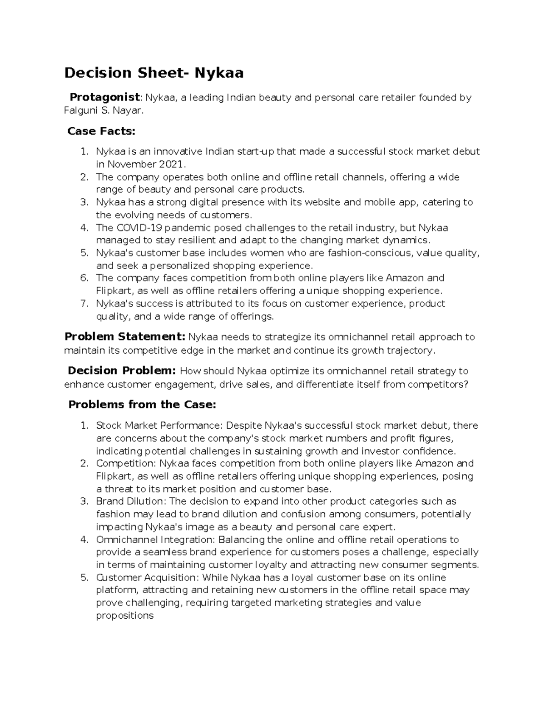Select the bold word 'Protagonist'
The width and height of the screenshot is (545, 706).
pos(105,97)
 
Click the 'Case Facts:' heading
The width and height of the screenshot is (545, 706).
pos(101,131)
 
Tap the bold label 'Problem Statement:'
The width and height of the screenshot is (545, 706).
pos(125,337)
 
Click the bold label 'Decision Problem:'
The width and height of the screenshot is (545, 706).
pos(122,371)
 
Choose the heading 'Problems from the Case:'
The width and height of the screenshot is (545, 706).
pos(142,405)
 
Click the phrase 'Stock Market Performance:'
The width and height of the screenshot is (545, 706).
pos(159,426)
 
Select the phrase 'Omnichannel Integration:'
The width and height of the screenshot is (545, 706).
pos(156,540)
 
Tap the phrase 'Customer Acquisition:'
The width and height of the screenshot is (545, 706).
pos(147,578)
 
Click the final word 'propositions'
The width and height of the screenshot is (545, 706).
pos(124,616)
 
